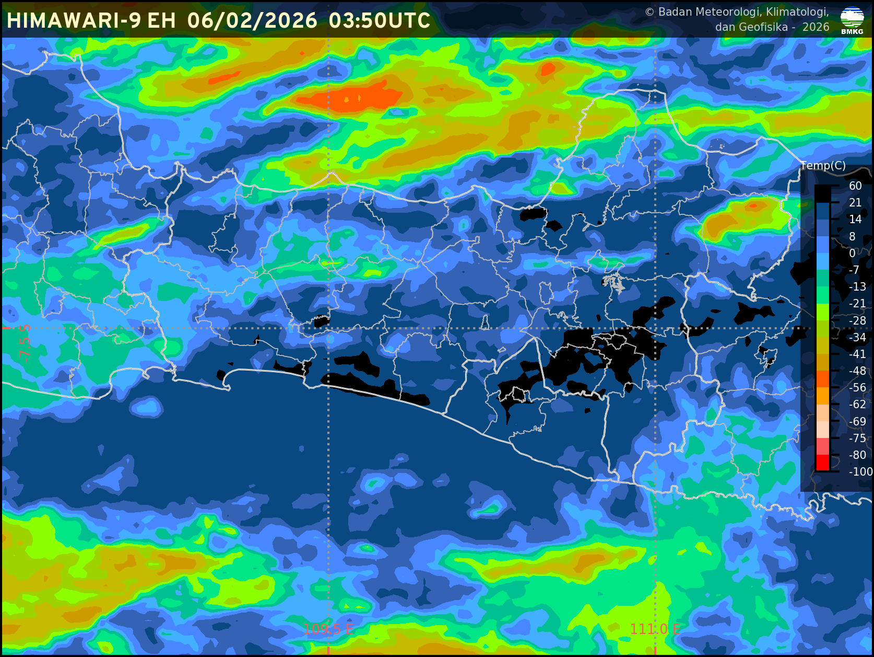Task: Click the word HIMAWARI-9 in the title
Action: click(74, 21)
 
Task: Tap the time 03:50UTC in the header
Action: click(380, 21)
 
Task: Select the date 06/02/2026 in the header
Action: click(252, 21)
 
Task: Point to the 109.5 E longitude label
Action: click(328, 629)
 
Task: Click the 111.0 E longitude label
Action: click(655, 629)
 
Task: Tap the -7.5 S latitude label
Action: click(25, 343)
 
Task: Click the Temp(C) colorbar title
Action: click(823, 166)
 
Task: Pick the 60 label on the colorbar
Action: click(855, 186)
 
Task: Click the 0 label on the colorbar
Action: click(853, 253)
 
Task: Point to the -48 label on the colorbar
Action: click(857, 371)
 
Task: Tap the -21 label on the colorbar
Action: click(857, 304)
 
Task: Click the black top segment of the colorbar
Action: click(822, 194)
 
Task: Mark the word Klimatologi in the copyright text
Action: click(797, 12)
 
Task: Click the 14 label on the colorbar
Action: click(855, 220)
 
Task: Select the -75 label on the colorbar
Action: click(857, 439)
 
